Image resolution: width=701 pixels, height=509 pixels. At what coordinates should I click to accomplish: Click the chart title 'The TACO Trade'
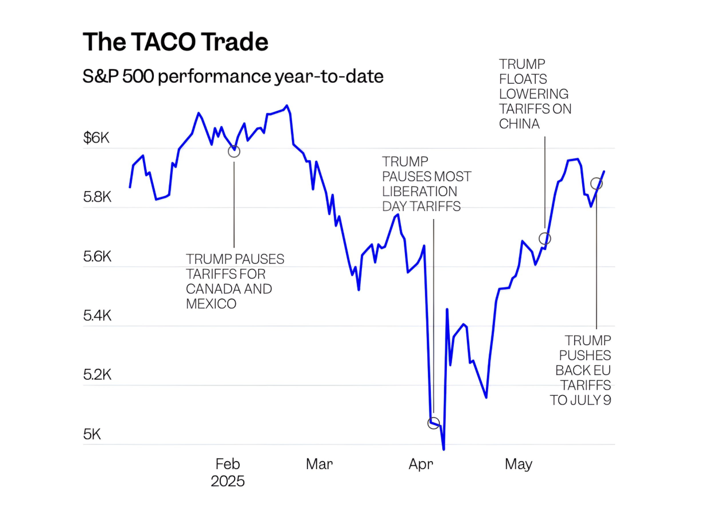[175, 42]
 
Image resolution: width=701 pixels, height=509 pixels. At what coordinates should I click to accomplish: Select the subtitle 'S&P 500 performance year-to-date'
[233, 76]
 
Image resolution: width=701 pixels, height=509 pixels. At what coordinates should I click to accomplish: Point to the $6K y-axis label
[96, 138]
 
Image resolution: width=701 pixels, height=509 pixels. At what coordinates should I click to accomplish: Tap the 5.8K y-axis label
[97, 197]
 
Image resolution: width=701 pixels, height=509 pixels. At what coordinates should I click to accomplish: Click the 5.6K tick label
[97, 256]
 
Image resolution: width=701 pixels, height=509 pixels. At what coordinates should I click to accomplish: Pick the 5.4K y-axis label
[97, 315]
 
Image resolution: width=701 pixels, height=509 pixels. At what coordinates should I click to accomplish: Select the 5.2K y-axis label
[97, 375]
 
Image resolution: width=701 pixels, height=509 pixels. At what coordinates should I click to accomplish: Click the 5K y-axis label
[92, 434]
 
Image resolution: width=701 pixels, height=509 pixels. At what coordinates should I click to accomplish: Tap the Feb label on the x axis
[228, 464]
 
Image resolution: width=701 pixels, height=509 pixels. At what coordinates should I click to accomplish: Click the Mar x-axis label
[320, 464]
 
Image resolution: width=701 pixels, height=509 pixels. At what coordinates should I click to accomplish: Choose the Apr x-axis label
[421, 465]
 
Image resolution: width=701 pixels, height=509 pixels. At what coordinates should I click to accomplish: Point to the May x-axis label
[519, 465]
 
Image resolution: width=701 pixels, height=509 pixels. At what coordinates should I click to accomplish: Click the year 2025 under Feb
[228, 481]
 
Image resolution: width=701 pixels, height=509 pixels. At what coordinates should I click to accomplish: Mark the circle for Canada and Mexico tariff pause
[234, 151]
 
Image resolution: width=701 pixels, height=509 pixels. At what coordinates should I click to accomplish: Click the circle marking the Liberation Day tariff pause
[434, 423]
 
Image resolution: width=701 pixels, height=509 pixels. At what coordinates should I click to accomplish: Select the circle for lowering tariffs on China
[545, 239]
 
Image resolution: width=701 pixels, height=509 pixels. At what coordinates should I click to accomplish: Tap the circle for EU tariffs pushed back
[596, 184]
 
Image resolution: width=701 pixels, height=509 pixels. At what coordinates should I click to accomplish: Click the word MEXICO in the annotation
[211, 304]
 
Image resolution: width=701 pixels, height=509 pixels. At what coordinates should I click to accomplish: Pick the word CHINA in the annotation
[519, 124]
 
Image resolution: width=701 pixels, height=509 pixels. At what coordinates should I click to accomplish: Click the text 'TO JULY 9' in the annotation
[581, 400]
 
